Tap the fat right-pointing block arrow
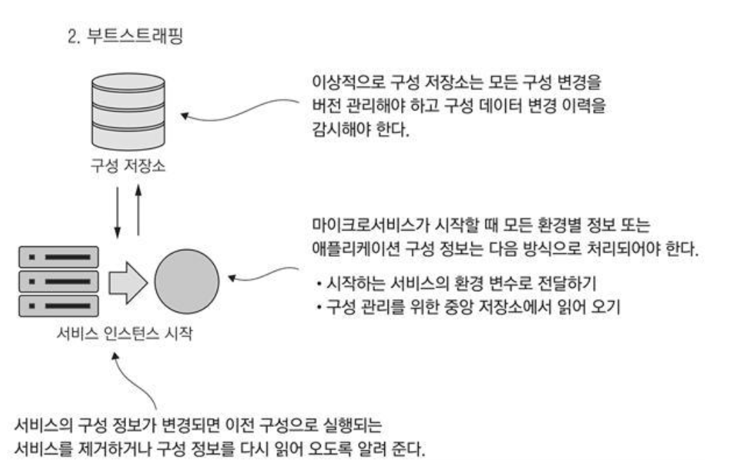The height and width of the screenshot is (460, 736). pos(129,283)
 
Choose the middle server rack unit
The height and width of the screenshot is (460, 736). pos(56,282)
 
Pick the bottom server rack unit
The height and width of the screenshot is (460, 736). pos(56,306)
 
